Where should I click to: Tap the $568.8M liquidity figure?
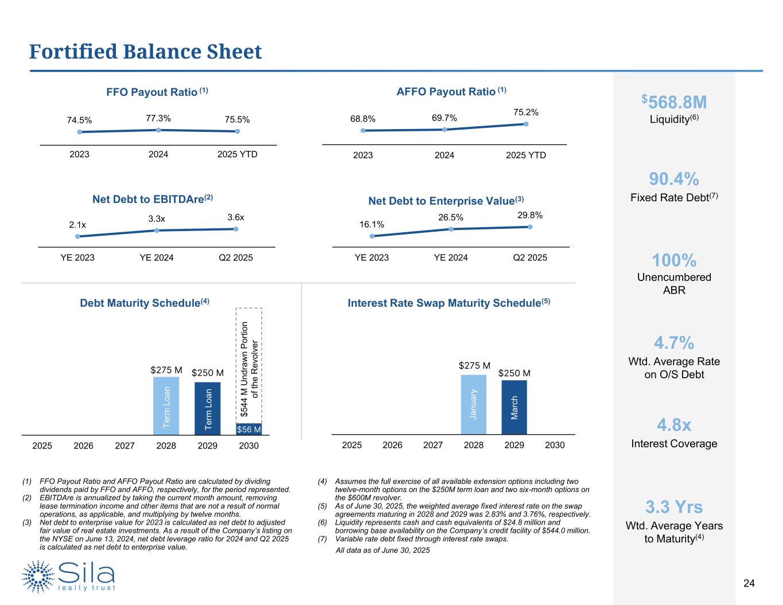pos(674,103)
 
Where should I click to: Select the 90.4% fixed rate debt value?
pos(674,179)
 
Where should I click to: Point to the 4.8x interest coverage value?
pos(674,426)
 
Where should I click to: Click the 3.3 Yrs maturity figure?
pos(674,507)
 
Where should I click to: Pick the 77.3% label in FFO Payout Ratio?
pos(158,118)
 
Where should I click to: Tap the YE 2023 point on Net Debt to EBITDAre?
pos(77,236)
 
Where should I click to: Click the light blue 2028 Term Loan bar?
pos(166,405)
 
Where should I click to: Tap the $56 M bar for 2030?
pos(249,430)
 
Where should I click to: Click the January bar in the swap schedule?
pos(474,404)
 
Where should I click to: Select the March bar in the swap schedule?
pos(514,407)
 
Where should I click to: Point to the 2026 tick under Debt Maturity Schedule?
pos(84,446)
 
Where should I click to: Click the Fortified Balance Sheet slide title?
pos(146,52)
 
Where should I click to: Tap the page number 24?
pos(749,584)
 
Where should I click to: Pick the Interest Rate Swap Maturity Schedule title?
pos(449,303)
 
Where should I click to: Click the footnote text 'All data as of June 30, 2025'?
pos(382,551)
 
